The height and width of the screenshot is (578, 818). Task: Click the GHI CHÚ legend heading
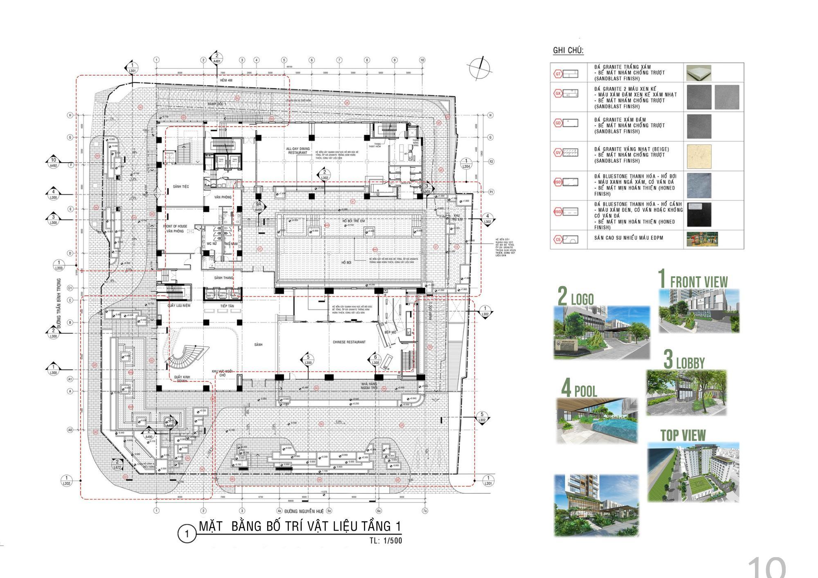pyautogui.click(x=568, y=51)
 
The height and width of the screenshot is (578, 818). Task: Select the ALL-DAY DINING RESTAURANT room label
pyautogui.click(x=298, y=150)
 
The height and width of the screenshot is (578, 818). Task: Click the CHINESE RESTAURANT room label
pyautogui.click(x=349, y=342)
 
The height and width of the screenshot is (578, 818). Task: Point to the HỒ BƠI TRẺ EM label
pyautogui.click(x=353, y=221)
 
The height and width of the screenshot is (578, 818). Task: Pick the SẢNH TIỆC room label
pyautogui.click(x=181, y=186)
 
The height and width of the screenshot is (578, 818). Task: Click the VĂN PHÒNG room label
pyautogui.click(x=223, y=197)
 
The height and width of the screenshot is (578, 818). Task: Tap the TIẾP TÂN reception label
pyautogui.click(x=227, y=306)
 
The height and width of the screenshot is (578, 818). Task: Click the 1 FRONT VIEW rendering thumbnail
pyautogui.click(x=699, y=311)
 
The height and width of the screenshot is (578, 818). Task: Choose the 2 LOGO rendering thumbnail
pyautogui.click(x=602, y=333)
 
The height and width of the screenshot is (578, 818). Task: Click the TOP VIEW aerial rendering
pyautogui.click(x=693, y=472)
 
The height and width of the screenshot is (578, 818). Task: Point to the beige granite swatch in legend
pyautogui.click(x=699, y=156)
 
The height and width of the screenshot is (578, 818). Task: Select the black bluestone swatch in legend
pyautogui.click(x=699, y=215)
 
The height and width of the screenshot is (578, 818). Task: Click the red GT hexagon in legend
pyautogui.click(x=558, y=74)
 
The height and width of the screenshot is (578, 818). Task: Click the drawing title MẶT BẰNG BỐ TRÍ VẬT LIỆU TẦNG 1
pyautogui.click(x=300, y=526)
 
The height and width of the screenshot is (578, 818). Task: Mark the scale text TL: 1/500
pyautogui.click(x=386, y=540)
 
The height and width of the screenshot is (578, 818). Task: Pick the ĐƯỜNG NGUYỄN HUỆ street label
pyautogui.click(x=304, y=511)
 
